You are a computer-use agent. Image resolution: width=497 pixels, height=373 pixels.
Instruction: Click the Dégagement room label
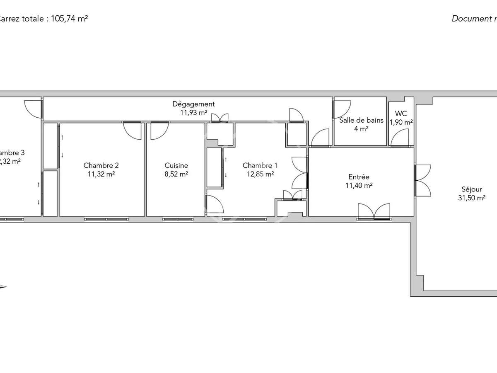pyautogui.click(x=193, y=104)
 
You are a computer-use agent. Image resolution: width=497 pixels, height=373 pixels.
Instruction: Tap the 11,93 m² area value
pyautogui.click(x=193, y=112)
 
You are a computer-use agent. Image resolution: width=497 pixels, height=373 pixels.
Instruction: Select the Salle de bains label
pyautogui.click(x=361, y=121)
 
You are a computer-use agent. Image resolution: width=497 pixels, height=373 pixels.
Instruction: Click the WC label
pyautogui.click(x=401, y=114)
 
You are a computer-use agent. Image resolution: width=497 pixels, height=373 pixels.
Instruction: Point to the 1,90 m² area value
pyautogui.click(x=401, y=122)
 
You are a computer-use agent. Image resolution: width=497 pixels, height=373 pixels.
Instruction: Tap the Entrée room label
pyautogui.click(x=359, y=177)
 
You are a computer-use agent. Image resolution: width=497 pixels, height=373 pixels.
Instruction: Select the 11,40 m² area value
pyautogui.click(x=359, y=186)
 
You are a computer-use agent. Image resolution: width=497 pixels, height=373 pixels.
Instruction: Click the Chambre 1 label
pyautogui.click(x=260, y=165)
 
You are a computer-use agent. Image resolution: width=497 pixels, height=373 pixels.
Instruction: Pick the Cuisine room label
pyautogui.click(x=176, y=165)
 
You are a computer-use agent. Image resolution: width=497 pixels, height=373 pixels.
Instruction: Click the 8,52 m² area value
pyautogui.click(x=176, y=174)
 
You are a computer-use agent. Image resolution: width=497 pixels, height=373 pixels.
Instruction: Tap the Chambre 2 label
pyautogui.click(x=101, y=165)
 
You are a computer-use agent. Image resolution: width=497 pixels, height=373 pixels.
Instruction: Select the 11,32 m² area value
pyautogui.click(x=101, y=174)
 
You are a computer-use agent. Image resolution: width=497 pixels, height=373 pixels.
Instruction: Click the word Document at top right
pyautogui.click(x=470, y=19)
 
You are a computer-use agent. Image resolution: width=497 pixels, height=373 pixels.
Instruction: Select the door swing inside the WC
pyautogui.click(x=399, y=138)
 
